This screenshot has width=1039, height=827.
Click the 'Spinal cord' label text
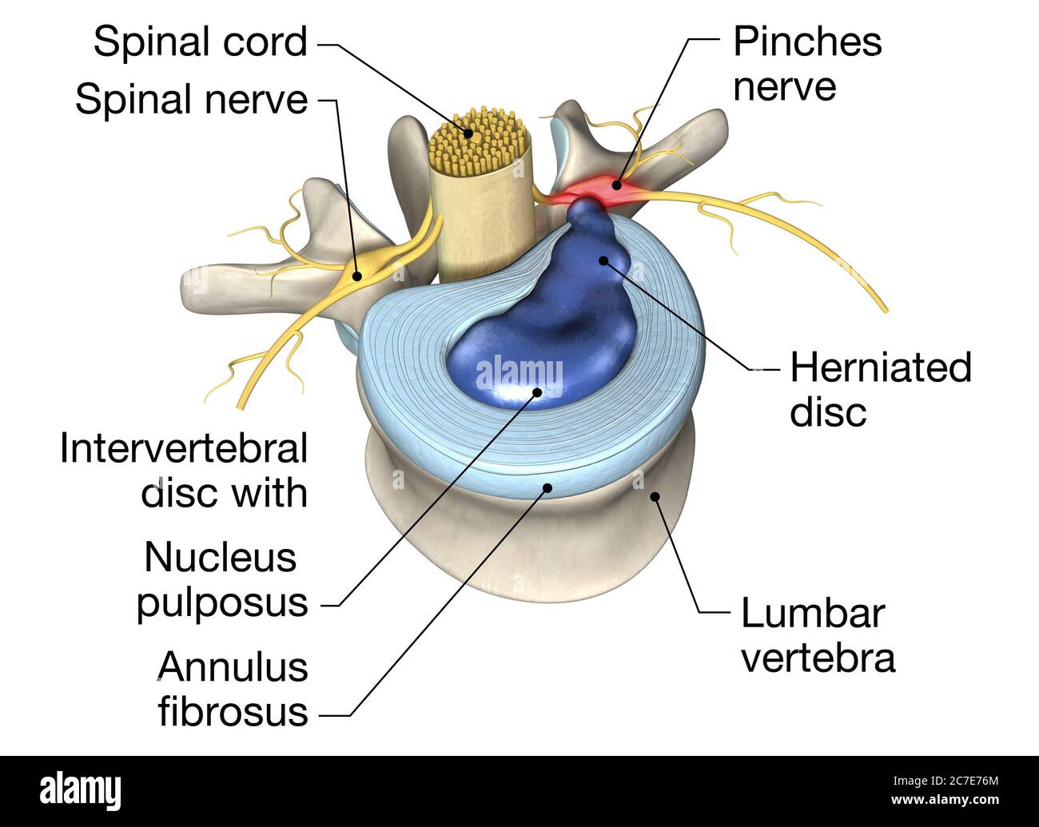pyautogui.click(x=200, y=42)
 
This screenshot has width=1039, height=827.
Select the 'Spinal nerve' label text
pyautogui.click(x=191, y=100)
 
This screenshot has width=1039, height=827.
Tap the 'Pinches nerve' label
pyautogui.click(x=807, y=64)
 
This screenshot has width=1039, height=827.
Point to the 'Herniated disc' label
pyautogui.click(x=880, y=390)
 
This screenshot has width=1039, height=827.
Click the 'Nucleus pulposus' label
pyautogui.click(x=221, y=579)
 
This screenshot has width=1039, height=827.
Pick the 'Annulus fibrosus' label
pyautogui.click(x=233, y=688)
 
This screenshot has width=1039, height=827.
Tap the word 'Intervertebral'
pyautogui.click(x=183, y=449)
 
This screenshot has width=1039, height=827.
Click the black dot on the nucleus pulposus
pyautogui.click(x=537, y=392)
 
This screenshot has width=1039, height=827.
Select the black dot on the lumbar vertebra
pyautogui.click(x=655, y=496)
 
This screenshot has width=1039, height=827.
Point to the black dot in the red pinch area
pyautogui.click(x=616, y=185)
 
